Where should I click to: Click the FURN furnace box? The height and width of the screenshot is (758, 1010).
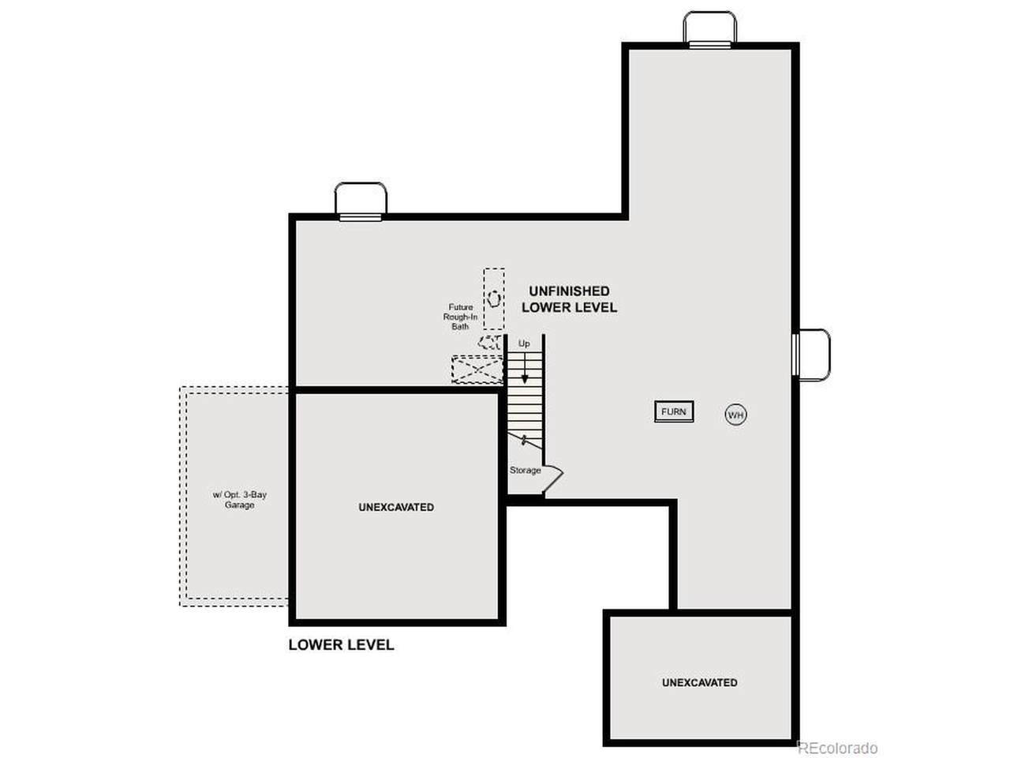(x=674, y=411)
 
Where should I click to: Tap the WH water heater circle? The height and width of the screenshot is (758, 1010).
(x=735, y=415)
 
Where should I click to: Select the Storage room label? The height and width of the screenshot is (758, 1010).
(x=525, y=471)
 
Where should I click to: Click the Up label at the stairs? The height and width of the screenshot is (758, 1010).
(x=524, y=343)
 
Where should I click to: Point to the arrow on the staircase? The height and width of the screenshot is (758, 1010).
(x=525, y=368)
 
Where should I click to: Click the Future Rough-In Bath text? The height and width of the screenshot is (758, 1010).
(x=460, y=317)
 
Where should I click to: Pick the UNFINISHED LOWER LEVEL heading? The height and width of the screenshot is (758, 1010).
(x=569, y=299)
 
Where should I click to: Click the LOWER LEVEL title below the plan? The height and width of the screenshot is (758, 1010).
(x=341, y=645)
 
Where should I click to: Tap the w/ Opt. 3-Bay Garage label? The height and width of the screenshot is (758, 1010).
(x=239, y=500)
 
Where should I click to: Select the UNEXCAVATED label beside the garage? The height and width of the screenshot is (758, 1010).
(x=396, y=507)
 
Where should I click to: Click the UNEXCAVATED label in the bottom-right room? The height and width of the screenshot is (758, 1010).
(x=699, y=682)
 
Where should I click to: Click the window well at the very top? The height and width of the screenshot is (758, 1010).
(x=709, y=28)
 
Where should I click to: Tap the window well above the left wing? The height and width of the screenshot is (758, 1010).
(x=361, y=201)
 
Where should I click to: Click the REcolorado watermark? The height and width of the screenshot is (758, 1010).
(x=837, y=748)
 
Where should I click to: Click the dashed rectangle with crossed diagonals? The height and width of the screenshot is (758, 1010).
(x=477, y=369)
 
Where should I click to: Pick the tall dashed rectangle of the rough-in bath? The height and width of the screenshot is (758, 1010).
(x=494, y=298)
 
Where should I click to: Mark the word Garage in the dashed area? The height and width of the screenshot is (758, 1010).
(x=239, y=505)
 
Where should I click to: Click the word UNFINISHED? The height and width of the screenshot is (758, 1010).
(x=569, y=291)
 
